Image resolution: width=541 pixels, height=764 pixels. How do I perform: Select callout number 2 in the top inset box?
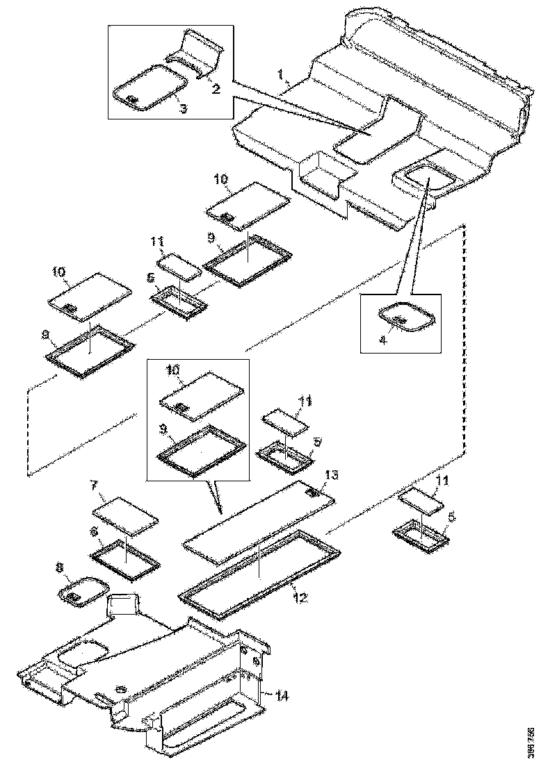click(x=216, y=90)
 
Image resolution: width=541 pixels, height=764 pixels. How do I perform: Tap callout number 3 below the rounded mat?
click(x=182, y=108)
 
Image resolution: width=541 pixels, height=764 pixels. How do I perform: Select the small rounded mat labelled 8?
click(x=83, y=592)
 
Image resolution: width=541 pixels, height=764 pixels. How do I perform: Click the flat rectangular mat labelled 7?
click(x=126, y=515)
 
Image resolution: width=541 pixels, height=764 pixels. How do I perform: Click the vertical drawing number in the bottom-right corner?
click(x=531, y=742)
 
